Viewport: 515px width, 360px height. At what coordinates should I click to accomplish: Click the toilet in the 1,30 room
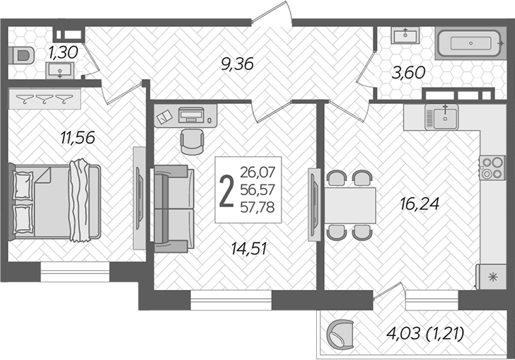23,54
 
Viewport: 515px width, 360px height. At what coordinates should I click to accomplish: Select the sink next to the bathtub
405,35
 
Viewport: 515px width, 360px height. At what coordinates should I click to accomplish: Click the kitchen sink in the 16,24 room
442,116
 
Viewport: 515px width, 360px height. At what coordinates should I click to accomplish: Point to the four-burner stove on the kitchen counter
489,168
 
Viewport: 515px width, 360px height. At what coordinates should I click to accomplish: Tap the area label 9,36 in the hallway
236,64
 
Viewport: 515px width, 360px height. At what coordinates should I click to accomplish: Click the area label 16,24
420,204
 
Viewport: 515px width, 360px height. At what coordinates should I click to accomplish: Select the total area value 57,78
257,207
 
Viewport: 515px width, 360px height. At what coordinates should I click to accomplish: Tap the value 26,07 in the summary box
257,171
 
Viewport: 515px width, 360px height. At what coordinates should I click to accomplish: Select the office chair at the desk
190,141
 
